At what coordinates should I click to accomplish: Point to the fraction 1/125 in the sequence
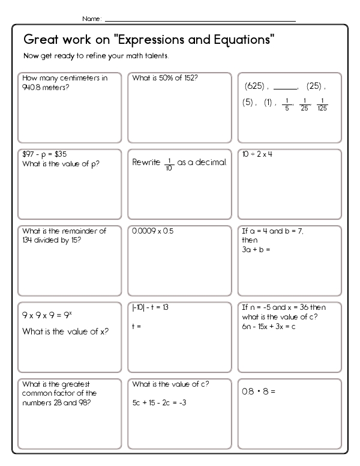[x=323, y=104]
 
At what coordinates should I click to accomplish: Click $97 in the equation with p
[x=28, y=154]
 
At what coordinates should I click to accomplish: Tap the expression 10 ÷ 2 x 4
[x=257, y=154]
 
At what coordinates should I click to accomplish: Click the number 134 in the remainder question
[x=28, y=240]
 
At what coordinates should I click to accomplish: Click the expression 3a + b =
[x=256, y=248]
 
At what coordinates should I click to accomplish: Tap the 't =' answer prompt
[x=136, y=327]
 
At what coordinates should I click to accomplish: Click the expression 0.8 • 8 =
[x=258, y=391]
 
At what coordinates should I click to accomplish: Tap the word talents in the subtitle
[x=155, y=56]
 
